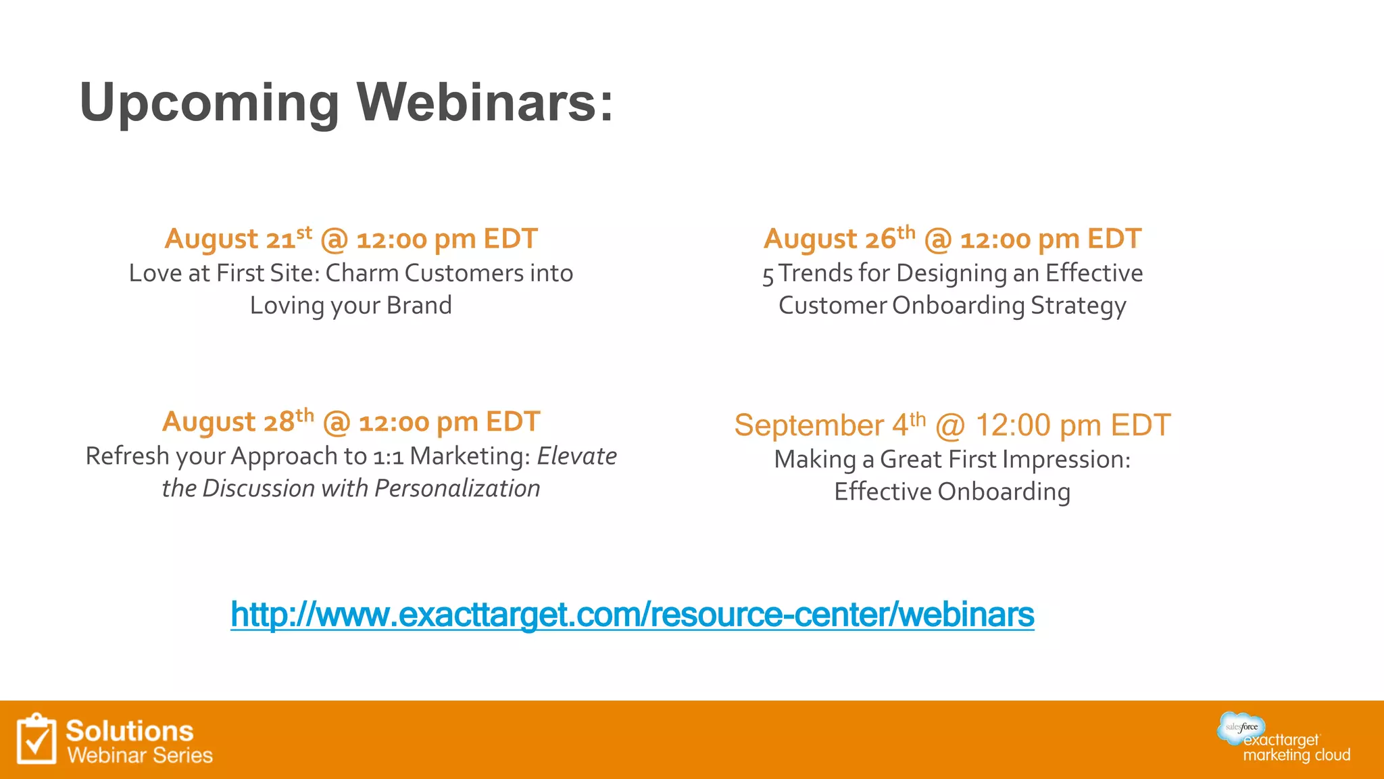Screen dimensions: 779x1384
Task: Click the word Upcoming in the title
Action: (209, 103)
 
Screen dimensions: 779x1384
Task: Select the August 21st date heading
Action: (351, 239)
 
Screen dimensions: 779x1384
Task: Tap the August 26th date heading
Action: (952, 239)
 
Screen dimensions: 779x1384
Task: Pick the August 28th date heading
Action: (351, 422)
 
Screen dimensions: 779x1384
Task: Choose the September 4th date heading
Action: (952, 425)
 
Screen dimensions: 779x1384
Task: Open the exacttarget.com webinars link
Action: (632, 615)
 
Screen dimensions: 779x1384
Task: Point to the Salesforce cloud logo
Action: (1241, 727)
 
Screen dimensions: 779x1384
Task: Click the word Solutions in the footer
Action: (130, 731)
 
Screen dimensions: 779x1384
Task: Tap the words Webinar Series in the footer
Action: (140, 755)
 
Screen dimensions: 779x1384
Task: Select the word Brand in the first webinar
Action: (419, 306)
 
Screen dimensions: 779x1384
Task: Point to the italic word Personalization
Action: (458, 488)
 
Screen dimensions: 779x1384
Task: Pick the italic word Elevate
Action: (576, 456)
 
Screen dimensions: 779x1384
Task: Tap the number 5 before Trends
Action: (768, 275)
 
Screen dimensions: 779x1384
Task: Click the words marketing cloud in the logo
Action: (1296, 755)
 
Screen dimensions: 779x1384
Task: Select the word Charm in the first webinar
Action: (362, 273)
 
